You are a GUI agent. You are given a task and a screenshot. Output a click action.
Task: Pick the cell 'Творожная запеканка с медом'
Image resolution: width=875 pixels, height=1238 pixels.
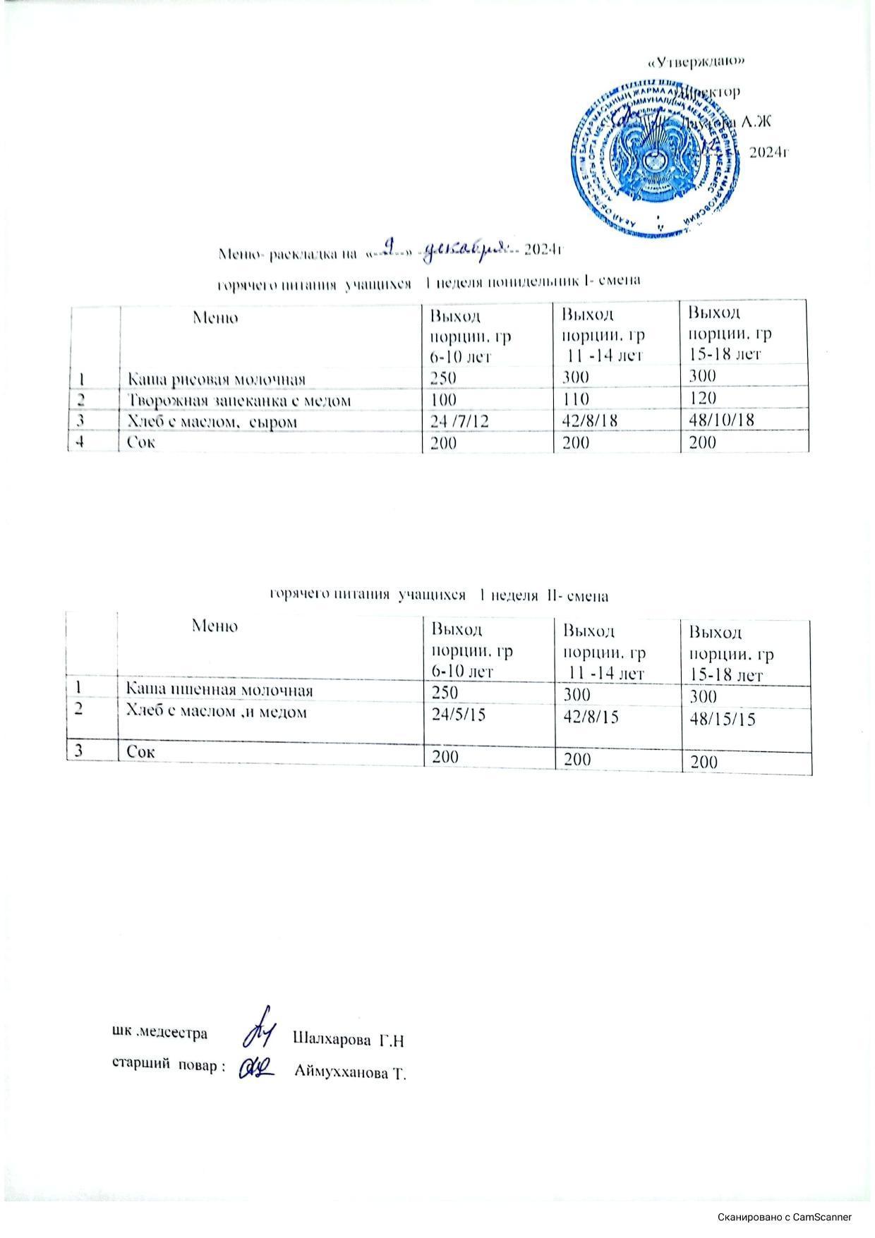tap(239, 401)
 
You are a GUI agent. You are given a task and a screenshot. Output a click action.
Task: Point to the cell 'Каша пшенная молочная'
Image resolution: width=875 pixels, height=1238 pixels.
tap(219, 688)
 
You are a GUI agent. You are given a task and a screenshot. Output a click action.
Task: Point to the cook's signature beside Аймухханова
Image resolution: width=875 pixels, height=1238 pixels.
tap(256, 1067)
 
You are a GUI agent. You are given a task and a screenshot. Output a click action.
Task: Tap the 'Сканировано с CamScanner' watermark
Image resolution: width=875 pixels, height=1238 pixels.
tap(785, 1216)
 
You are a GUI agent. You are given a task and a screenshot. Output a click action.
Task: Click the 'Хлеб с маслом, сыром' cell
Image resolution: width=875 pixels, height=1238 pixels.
tap(210, 422)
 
